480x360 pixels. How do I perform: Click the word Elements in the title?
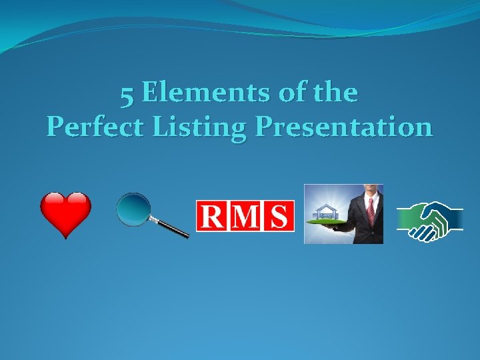pyautogui.click(x=203, y=93)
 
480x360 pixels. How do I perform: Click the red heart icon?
pyautogui.click(x=65, y=215)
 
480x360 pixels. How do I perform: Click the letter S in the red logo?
pyautogui.click(x=279, y=216)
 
